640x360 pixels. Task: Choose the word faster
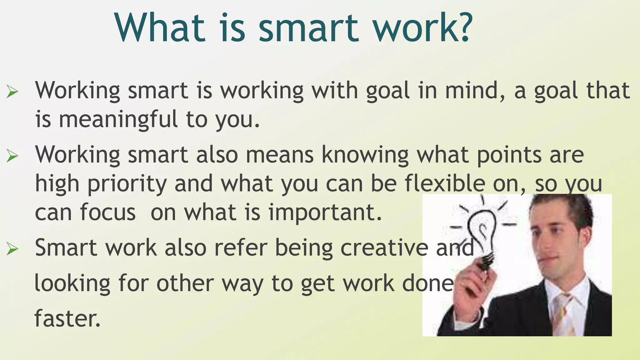pos(67,318)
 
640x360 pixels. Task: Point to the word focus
pos(107,212)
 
